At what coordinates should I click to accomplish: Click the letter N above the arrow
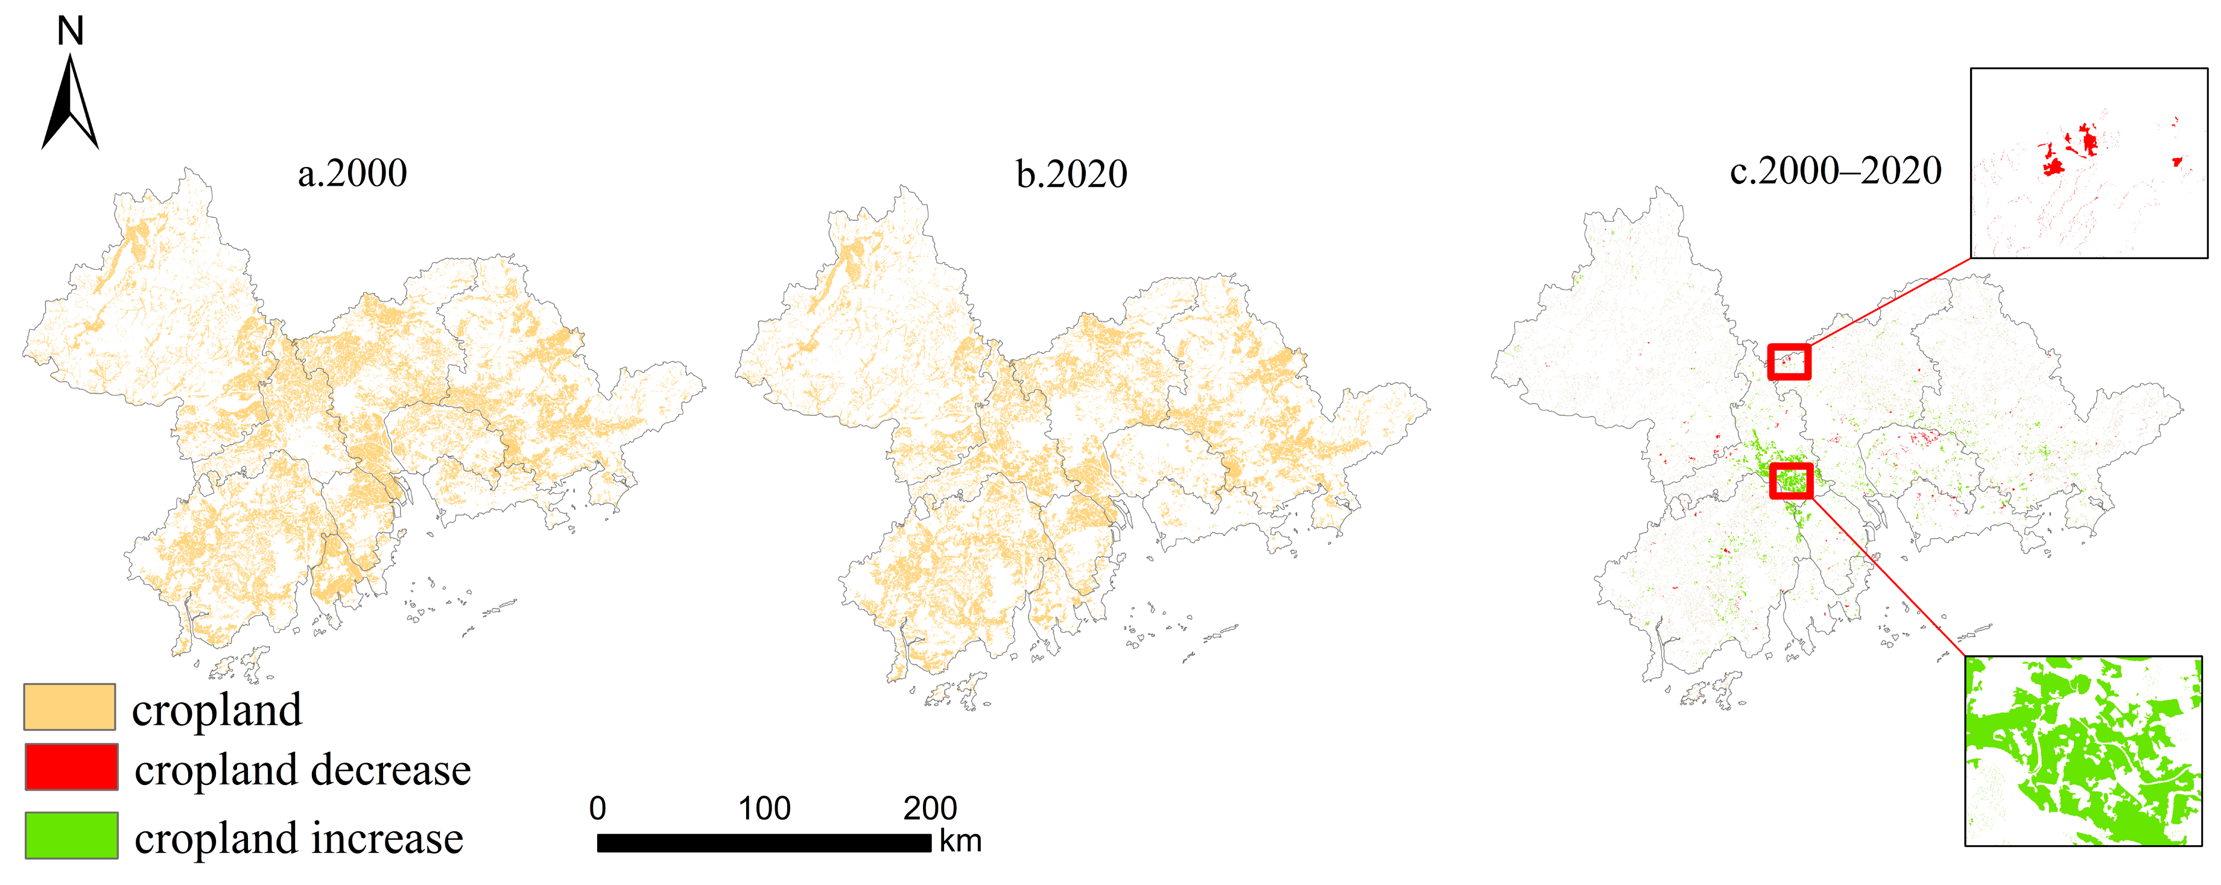[70, 32]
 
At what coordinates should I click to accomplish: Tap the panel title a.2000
[352, 173]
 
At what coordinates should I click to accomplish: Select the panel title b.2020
[1071, 175]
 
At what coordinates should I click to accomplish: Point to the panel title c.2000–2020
[1836, 171]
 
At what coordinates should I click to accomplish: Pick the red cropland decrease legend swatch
[72, 767]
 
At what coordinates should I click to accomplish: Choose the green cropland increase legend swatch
[72, 835]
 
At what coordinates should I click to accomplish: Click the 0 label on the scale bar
[598, 808]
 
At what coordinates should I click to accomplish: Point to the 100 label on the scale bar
[764, 808]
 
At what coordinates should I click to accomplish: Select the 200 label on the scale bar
[930, 808]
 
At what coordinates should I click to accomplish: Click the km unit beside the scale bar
[960, 841]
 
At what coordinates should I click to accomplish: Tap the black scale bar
[764, 843]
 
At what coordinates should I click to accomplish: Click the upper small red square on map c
[1789, 362]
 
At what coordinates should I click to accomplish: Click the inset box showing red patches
[2088, 163]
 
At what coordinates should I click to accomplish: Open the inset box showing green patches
[2083, 751]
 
